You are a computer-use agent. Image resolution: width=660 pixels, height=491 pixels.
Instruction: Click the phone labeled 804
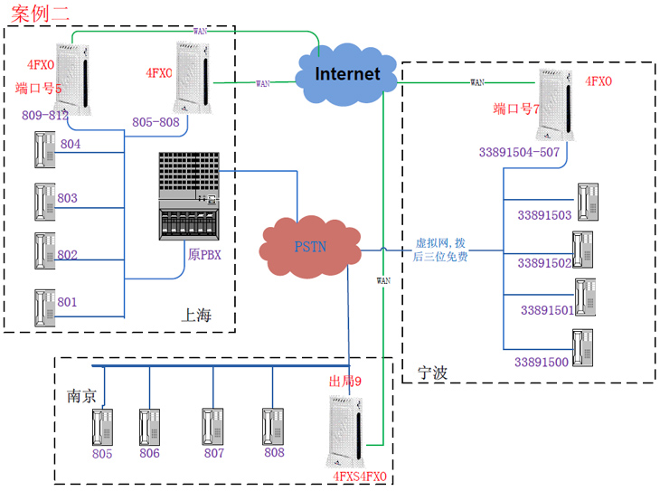pyautogui.click(x=42, y=149)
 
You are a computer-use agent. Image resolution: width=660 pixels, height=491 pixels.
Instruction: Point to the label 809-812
pyautogui.click(x=44, y=116)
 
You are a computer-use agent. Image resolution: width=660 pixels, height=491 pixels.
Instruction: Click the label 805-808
pyautogui.click(x=155, y=121)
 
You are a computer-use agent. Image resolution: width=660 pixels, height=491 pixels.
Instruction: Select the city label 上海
pyautogui.click(x=196, y=316)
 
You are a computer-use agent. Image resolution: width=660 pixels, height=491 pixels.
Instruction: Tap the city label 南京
pyautogui.click(x=82, y=397)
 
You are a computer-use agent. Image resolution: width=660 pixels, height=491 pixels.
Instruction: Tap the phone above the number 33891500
pyautogui.click(x=583, y=346)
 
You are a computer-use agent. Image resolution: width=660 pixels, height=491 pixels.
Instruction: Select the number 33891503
pyautogui.click(x=544, y=215)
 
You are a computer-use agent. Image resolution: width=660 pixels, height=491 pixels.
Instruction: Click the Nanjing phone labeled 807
pyautogui.click(x=214, y=426)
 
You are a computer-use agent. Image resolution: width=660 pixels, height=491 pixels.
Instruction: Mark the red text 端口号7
pyautogui.click(x=516, y=109)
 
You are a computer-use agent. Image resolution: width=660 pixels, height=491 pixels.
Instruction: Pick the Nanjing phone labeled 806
pyautogui.click(x=150, y=426)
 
